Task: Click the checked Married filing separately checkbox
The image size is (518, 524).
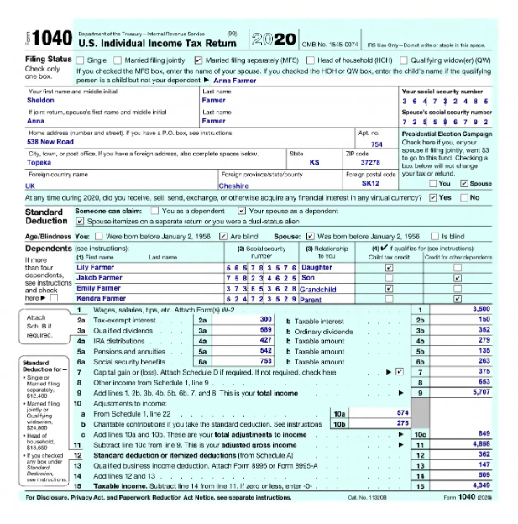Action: point(198,60)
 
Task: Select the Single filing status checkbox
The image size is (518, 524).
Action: point(81,60)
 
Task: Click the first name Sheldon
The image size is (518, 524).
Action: point(41,100)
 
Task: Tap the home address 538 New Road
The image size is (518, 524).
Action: point(50,142)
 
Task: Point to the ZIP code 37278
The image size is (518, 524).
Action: point(370,163)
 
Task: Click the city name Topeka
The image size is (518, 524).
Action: point(39,163)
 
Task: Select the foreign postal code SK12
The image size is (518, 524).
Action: point(370,183)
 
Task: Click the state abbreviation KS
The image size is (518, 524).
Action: point(315,163)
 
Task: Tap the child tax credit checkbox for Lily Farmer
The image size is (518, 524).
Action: point(389,267)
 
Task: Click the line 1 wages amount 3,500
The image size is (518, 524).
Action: point(480,310)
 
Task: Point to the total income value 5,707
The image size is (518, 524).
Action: point(480,392)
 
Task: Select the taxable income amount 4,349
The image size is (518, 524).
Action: point(480,485)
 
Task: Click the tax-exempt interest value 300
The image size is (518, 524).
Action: point(265,320)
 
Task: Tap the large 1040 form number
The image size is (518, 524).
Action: point(52,39)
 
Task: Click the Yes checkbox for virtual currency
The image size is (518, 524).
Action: point(432,198)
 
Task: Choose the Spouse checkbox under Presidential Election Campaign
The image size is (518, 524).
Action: point(464,183)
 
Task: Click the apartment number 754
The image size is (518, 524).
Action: point(377,144)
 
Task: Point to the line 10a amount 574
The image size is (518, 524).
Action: point(402,413)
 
